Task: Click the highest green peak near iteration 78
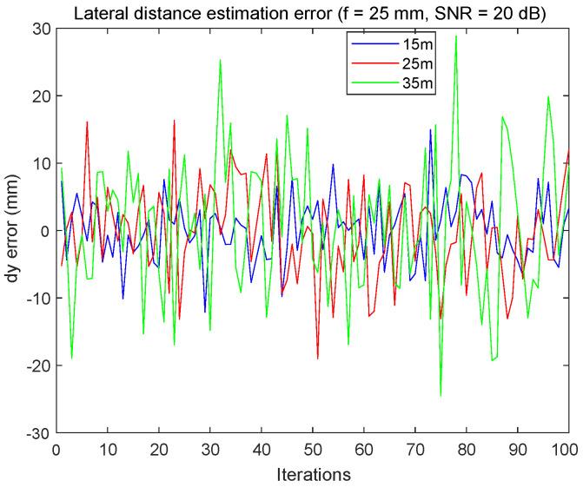click(455, 36)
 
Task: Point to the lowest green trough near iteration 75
click(441, 396)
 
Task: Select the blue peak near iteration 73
click(430, 128)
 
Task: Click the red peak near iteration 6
click(87, 122)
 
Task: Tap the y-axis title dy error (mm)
click(14, 230)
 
